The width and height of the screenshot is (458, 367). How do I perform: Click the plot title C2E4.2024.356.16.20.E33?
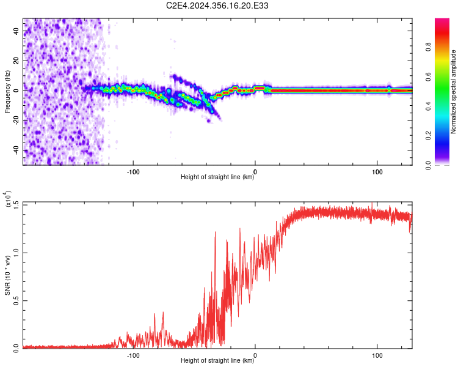pos(218,6)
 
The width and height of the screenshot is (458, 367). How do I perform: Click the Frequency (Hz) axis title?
pos(8,92)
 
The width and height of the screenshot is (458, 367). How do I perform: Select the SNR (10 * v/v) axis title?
pos(8,275)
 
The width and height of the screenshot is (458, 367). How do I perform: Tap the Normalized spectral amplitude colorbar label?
pos(454,92)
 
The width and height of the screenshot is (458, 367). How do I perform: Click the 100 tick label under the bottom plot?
pos(377,354)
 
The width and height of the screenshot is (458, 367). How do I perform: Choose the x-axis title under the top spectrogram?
pos(218,177)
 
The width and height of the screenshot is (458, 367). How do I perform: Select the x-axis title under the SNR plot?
pos(218,361)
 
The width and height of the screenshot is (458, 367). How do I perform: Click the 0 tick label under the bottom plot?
pos(255,354)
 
